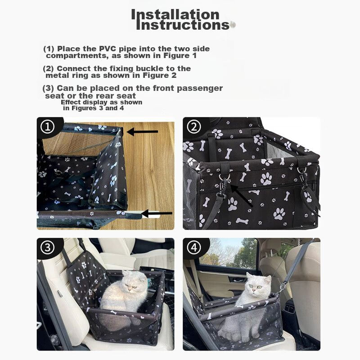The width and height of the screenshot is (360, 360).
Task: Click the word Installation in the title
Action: (175, 15)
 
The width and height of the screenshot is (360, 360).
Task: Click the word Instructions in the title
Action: (183, 25)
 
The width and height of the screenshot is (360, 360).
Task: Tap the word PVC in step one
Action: (108, 49)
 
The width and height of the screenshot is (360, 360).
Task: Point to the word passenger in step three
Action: (200, 88)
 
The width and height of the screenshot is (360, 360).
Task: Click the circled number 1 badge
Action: (48, 126)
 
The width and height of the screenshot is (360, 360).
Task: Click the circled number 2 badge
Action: (194, 126)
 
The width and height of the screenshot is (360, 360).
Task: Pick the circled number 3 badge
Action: (48, 247)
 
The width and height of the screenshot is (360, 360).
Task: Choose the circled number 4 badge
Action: (194, 247)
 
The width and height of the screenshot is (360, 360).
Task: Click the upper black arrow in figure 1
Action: (142, 132)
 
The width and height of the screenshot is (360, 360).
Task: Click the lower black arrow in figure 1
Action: (157, 213)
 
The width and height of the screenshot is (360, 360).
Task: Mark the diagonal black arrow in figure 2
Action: (241, 195)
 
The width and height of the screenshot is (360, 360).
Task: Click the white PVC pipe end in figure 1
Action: (150, 215)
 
